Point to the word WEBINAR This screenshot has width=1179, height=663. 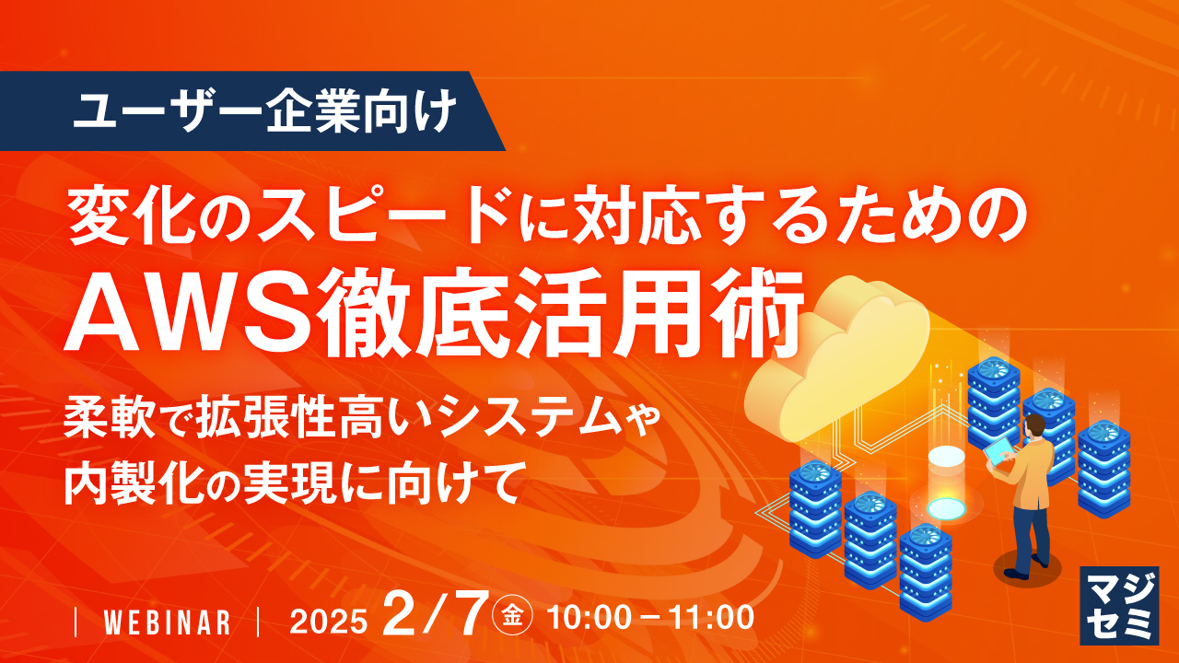tap(167, 622)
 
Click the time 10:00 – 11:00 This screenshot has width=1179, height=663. tap(650, 618)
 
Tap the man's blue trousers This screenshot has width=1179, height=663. tap(1029, 535)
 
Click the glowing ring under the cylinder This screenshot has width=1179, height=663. tap(946, 507)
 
